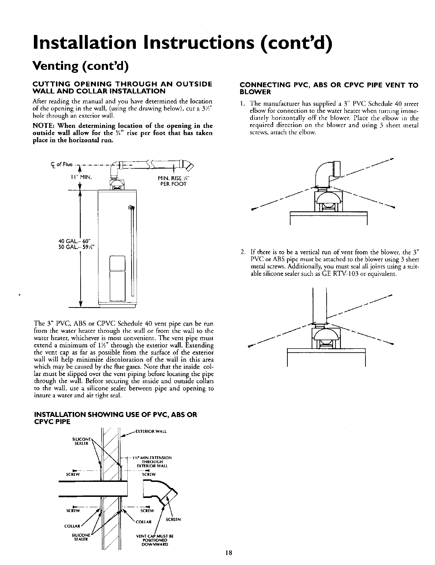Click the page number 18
click(x=229, y=554)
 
